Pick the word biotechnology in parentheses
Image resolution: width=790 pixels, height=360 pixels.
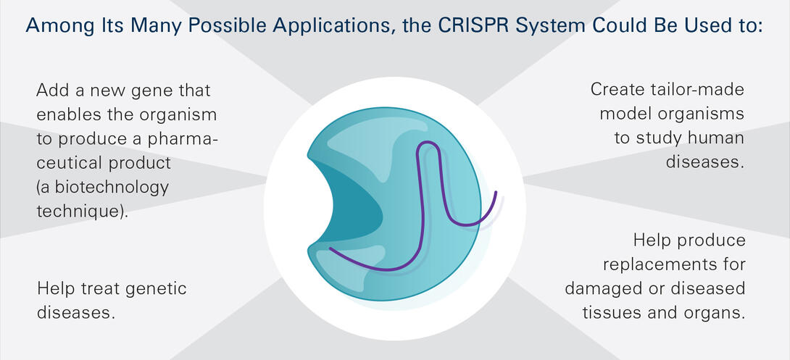(x=108, y=188)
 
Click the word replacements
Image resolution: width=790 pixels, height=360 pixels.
(x=674, y=265)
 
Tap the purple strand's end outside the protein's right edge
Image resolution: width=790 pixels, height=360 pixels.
(x=496, y=193)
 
